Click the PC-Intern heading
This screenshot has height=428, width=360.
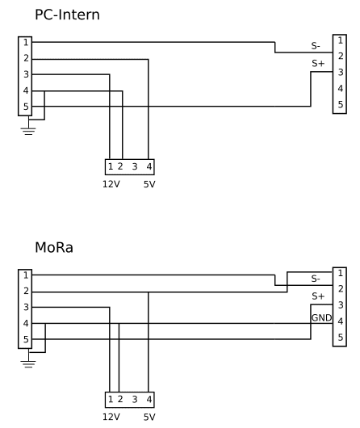(67, 15)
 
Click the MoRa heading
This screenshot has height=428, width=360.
(54, 248)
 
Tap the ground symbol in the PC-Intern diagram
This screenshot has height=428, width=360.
(28, 131)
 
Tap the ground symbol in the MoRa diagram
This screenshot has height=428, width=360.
(28, 364)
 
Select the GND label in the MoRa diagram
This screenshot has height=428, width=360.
(321, 317)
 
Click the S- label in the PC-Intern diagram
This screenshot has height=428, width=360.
(316, 46)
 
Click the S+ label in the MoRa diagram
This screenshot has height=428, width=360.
(318, 296)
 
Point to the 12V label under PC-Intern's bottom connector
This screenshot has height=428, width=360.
(111, 184)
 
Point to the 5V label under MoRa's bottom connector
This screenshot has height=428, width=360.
(149, 417)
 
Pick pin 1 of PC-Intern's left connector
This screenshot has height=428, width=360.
(26, 43)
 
